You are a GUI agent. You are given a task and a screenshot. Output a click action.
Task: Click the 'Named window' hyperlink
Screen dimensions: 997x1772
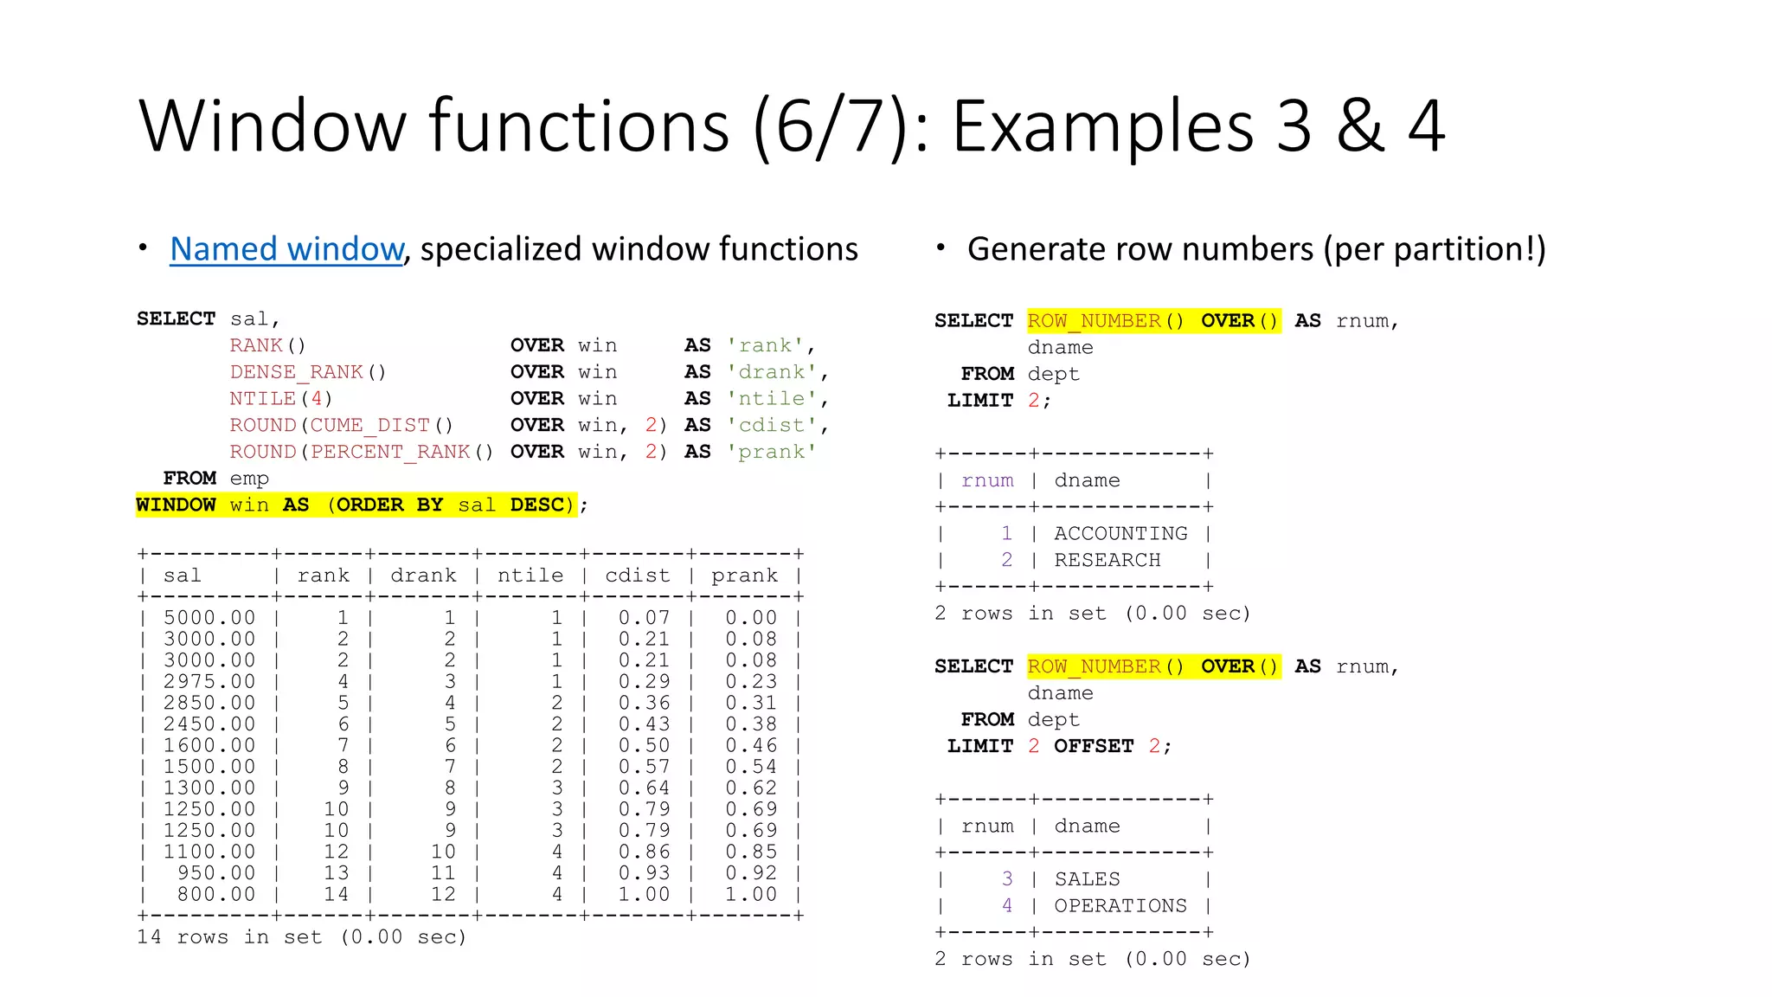(286, 249)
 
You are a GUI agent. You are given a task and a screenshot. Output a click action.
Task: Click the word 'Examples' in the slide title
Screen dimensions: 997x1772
(1103, 126)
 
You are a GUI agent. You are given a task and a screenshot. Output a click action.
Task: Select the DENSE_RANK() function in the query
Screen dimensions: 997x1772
(307, 372)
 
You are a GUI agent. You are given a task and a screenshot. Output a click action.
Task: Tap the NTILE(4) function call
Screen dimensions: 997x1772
(280, 399)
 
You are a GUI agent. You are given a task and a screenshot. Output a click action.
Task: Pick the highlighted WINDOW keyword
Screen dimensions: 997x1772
(176, 505)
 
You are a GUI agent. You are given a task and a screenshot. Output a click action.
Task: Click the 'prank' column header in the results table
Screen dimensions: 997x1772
(744, 576)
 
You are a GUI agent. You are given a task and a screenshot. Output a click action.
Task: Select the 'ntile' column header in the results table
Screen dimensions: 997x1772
(530, 576)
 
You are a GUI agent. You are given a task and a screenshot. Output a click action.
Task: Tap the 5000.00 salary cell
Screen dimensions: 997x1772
(209, 618)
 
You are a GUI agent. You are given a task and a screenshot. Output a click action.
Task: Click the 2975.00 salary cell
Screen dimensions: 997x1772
(209, 682)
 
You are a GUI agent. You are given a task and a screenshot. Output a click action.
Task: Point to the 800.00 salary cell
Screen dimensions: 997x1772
(216, 894)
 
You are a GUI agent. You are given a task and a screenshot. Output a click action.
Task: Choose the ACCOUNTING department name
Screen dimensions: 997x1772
(1120, 534)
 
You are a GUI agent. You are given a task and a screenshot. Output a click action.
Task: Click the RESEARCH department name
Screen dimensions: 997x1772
(1107, 561)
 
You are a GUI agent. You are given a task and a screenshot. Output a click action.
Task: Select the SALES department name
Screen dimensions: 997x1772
(1087, 879)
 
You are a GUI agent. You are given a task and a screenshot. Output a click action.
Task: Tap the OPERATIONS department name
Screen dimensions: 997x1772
(1120, 906)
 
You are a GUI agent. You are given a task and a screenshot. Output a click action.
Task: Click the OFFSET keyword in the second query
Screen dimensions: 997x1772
(1093, 746)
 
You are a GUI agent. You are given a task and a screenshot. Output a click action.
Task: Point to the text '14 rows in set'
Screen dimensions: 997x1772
(229, 937)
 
